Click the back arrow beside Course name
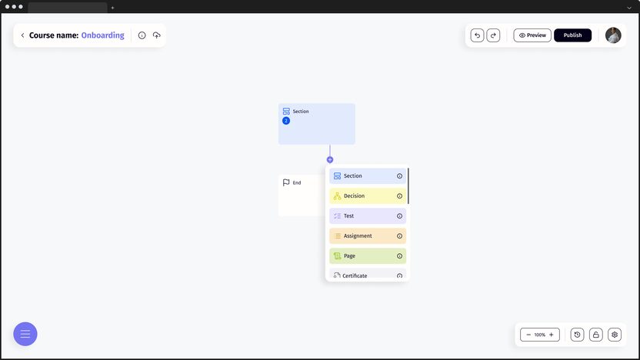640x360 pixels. [22, 35]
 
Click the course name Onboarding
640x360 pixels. [102, 35]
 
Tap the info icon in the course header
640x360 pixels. [142, 35]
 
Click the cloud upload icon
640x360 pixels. [157, 35]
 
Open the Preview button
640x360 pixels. [532, 35]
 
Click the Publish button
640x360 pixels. [572, 35]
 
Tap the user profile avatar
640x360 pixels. [613, 35]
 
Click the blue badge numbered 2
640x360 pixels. [286, 121]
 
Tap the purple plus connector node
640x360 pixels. [330, 159]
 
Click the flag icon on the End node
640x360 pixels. [286, 182]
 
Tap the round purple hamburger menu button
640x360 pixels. [25, 334]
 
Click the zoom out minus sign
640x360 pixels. [528, 335]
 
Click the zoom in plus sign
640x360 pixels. [551, 335]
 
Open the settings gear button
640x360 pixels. [615, 335]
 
